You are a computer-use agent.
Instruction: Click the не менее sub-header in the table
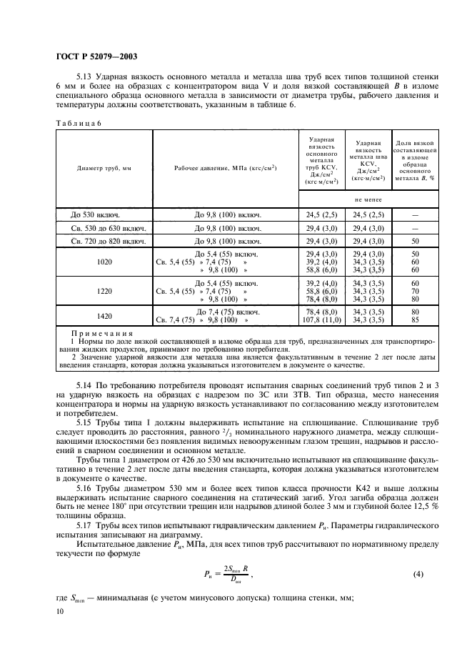click(x=367, y=201)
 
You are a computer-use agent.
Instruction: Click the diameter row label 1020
click(x=104, y=262)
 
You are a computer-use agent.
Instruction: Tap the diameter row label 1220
click(x=104, y=292)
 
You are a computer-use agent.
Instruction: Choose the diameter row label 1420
click(x=104, y=317)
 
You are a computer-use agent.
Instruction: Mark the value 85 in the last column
click(x=415, y=320)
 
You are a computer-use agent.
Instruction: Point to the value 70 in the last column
click(x=415, y=292)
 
